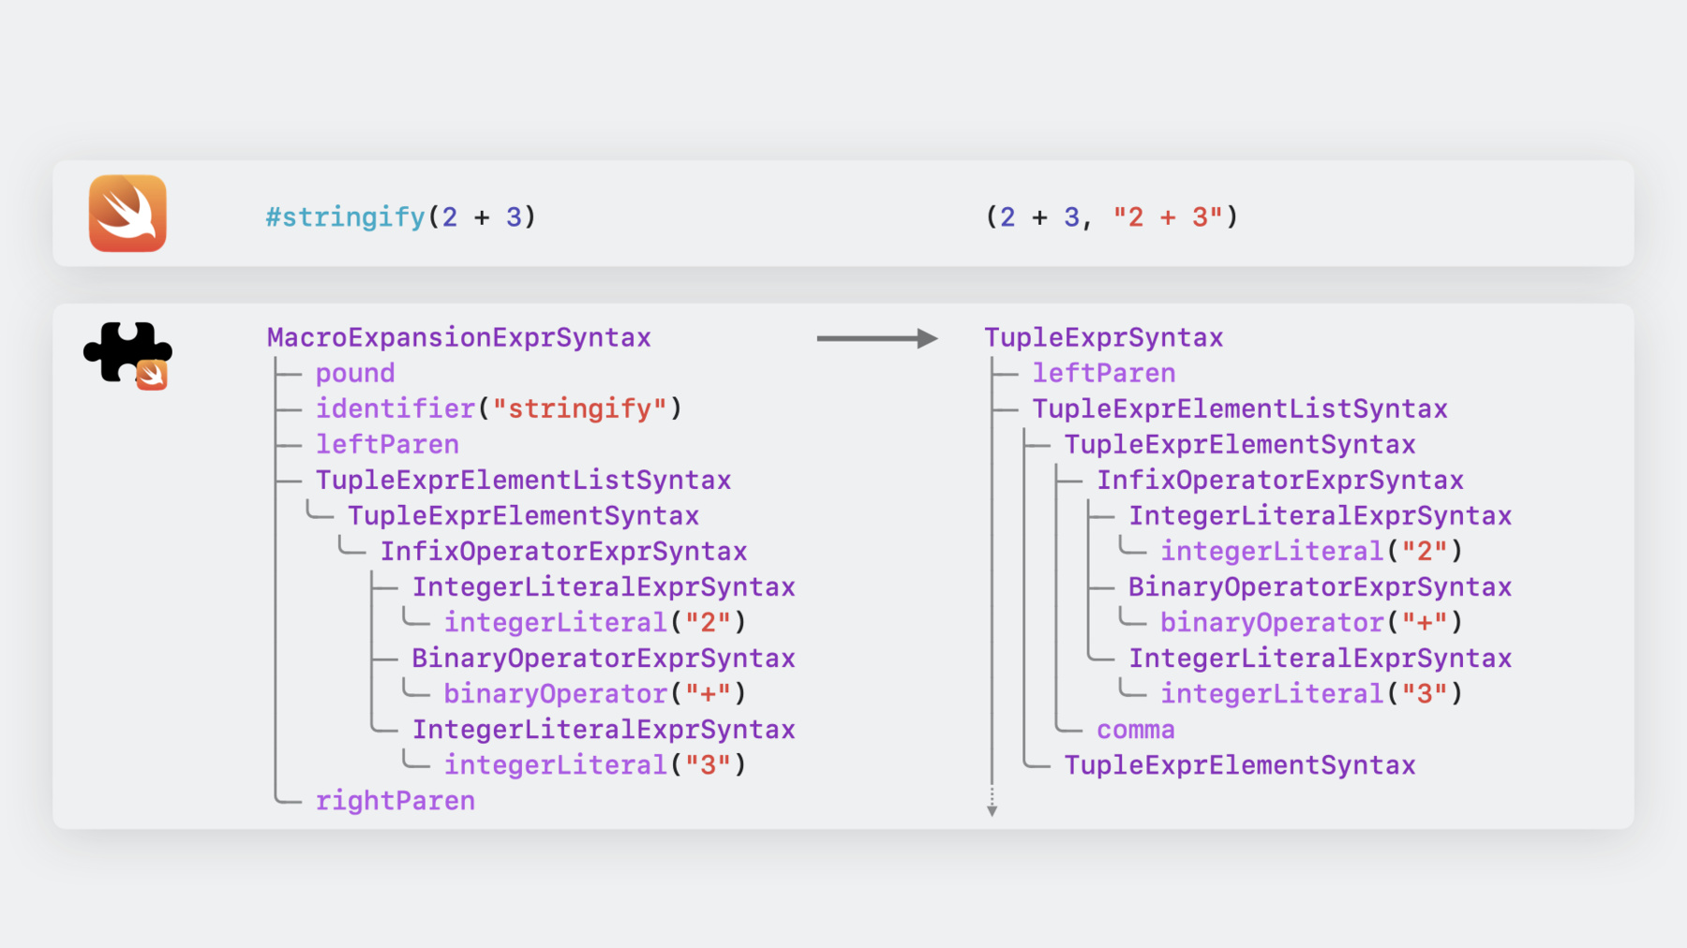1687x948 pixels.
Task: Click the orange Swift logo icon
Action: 127,214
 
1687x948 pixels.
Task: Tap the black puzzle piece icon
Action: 127,354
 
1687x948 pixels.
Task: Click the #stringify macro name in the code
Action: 346,217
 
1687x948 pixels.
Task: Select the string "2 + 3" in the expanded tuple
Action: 1168,217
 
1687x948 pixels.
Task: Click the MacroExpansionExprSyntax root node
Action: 459,337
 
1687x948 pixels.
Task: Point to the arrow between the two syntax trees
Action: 877,338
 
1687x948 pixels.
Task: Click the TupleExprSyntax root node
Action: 1104,337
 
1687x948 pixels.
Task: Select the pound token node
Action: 355,373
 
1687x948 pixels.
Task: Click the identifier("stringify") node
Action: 499,408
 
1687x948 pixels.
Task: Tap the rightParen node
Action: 396,801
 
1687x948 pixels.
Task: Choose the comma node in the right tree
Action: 1136,730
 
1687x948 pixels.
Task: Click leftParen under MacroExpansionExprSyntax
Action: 387,444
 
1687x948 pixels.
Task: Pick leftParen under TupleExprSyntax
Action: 1104,373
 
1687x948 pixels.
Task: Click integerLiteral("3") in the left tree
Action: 595,765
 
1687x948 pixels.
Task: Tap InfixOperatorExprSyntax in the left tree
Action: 563,552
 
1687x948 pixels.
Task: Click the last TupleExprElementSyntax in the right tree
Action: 1240,765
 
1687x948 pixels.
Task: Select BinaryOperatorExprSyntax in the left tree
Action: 604,659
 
